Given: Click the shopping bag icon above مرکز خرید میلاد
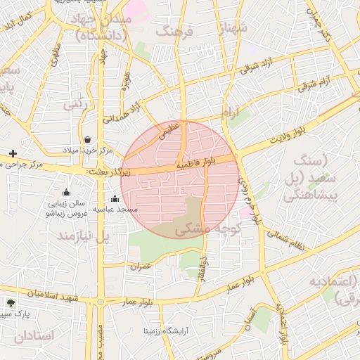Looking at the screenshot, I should tap(87, 139).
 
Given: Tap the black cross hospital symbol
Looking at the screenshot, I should tap(12, 153).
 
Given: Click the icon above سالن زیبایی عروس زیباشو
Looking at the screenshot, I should tap(66, 193).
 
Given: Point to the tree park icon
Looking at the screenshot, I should tap(10, 303).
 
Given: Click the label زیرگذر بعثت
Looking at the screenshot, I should tap(109, 172).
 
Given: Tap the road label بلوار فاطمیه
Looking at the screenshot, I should tap(205, 162).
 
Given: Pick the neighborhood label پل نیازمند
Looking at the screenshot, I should tap(84, 236).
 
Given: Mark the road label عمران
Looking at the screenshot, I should tap(141, 266).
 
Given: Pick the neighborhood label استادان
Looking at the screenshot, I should tap(33, 336).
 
